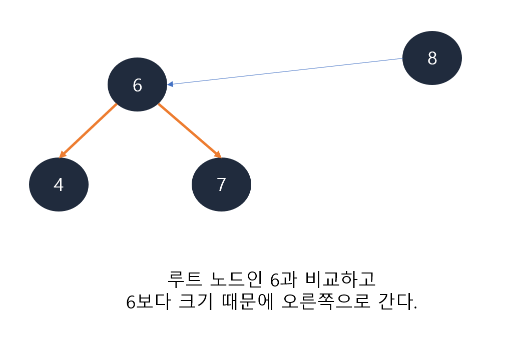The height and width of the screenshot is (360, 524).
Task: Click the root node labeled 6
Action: (137, 84)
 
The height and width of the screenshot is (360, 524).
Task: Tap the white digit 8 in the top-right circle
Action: (432, 58)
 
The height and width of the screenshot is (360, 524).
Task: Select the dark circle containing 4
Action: (59, 184)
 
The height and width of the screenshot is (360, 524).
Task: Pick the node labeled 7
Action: (221, 184)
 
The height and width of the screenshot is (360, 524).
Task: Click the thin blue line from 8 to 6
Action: (285, 71)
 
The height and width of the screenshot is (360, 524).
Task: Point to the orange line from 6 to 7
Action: (189, 130)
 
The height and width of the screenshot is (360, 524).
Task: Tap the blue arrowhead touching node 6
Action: (171, 84)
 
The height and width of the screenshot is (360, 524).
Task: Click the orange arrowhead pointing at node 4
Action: (62, 154)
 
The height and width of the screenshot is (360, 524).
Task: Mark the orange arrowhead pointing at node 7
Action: (217, 154)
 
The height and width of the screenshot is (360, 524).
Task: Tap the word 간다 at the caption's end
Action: (394, 302)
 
